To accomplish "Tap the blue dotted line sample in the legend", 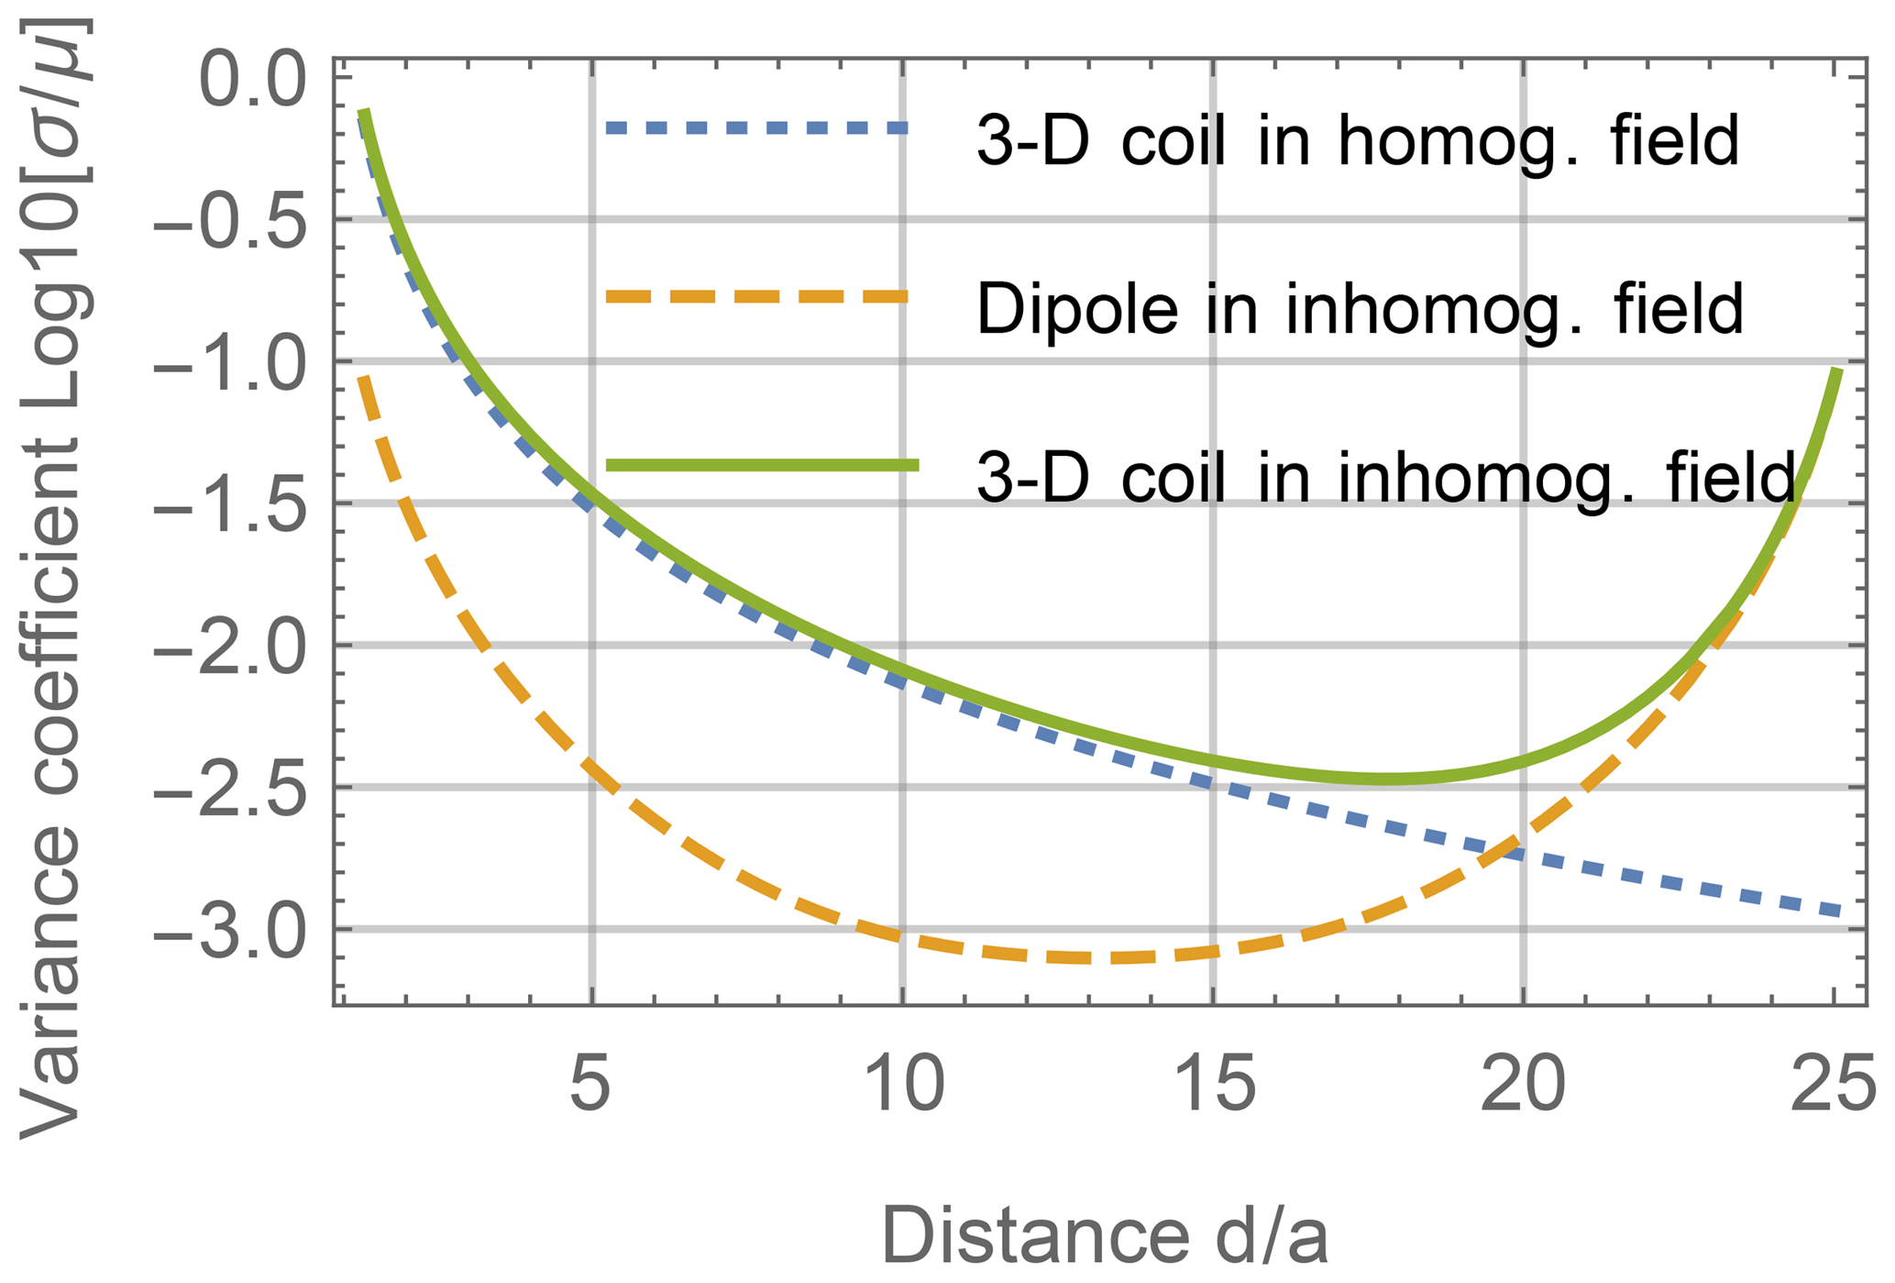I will [756, 128].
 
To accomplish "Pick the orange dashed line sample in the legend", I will [756, 296].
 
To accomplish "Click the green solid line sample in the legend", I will [762, 465].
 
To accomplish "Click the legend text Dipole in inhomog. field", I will [1360, 309].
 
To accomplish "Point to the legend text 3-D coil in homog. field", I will [1358, 142].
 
